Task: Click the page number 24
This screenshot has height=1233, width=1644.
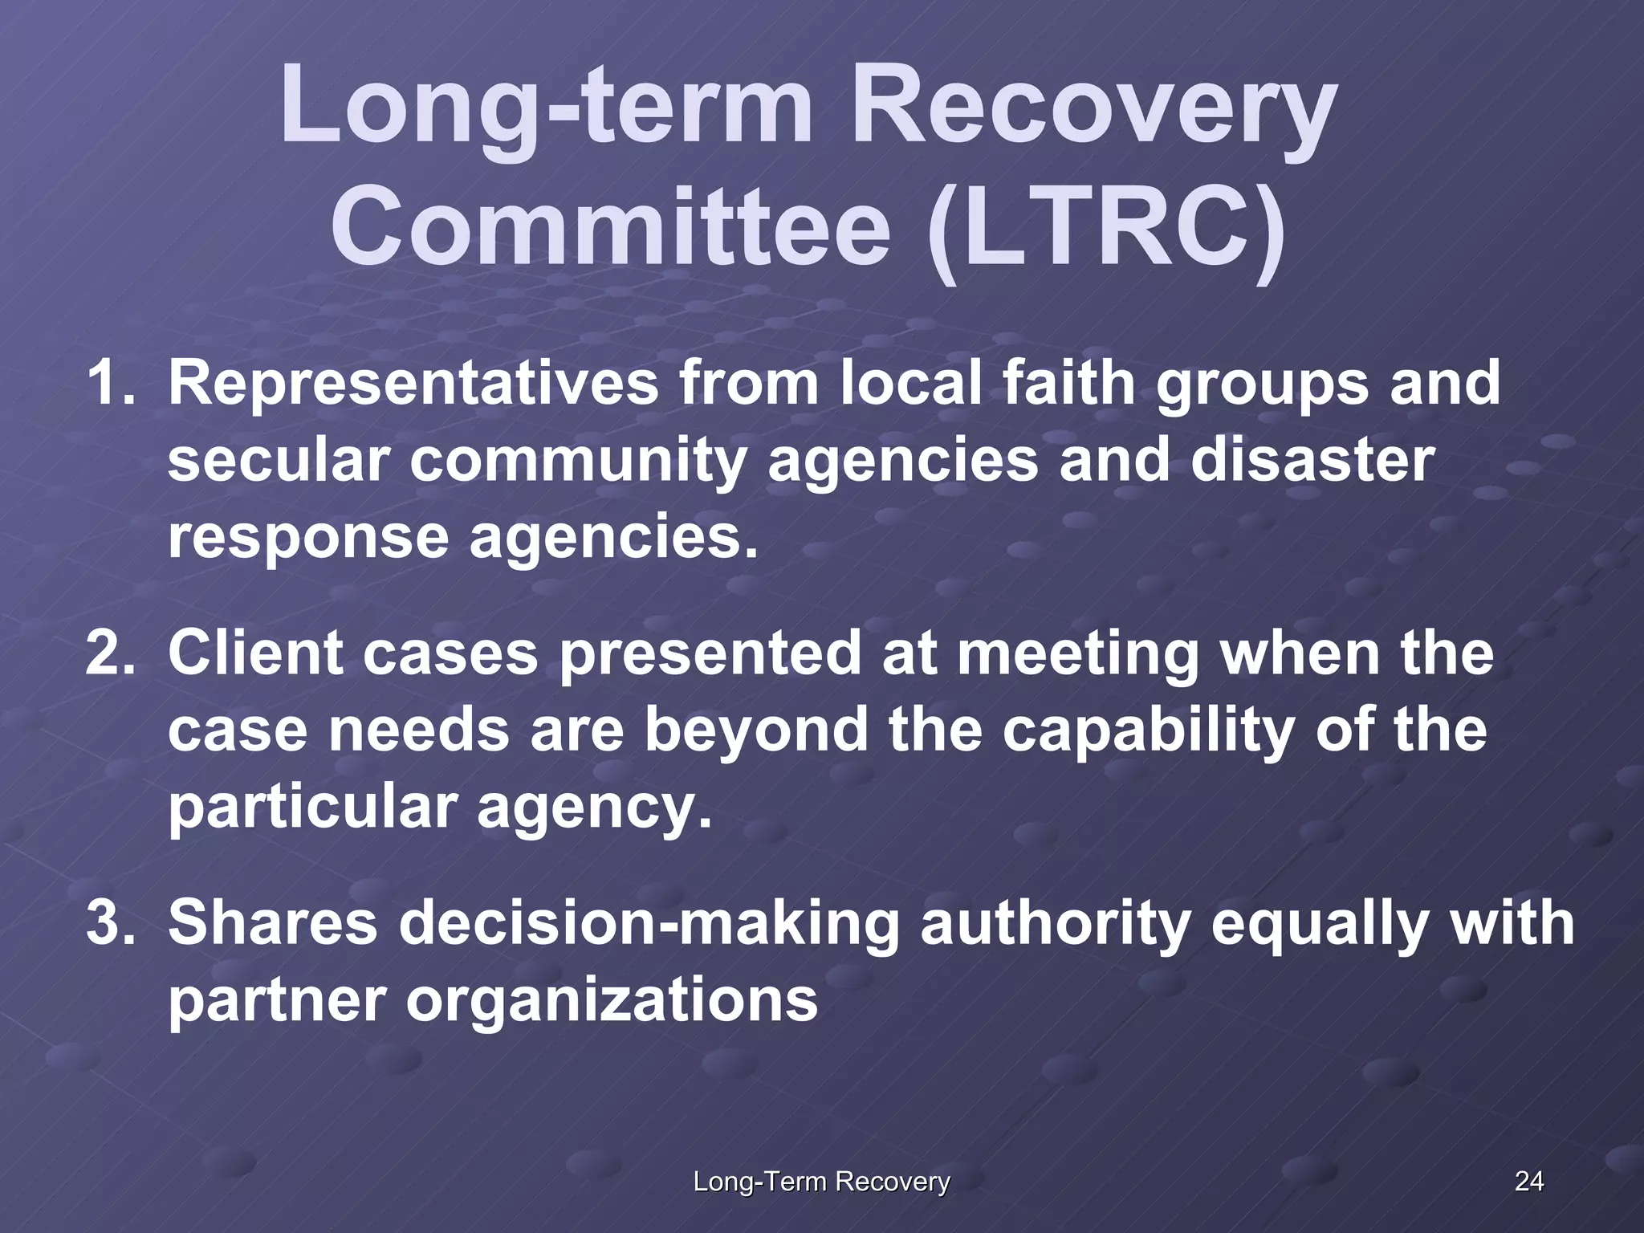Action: [1528, 1181]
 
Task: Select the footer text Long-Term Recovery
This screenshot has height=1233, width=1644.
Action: [821, 1182]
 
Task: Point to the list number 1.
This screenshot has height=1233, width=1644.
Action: [110, 384]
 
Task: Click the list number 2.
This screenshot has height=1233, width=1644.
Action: [110, 653]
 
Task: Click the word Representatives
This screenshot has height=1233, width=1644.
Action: [413, 384]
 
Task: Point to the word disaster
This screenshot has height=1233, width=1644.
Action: [1312, 460]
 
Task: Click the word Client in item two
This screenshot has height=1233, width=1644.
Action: [255, 653]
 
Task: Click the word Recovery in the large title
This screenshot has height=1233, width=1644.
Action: [1093, 108]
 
